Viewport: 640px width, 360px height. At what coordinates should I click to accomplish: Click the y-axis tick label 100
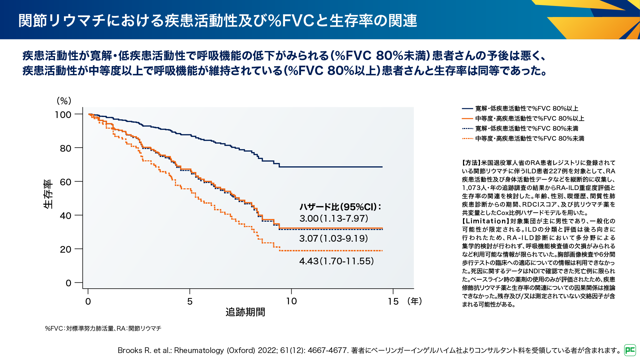(63, 115)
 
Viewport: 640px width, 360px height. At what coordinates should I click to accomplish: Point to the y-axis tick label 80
(66, 148)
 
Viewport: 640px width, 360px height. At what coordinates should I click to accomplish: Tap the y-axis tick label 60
(66, 182)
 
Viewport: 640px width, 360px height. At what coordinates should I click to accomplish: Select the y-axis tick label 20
(66, 249)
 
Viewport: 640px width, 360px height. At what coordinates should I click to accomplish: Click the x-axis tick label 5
(190, 301)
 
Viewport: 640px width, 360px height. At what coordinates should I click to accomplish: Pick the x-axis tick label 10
(291, 301)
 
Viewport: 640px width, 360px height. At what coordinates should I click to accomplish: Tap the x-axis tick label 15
(393, 301)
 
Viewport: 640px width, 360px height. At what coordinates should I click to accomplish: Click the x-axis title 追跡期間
(245, 312)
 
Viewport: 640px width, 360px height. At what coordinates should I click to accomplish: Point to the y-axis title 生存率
(48, 194)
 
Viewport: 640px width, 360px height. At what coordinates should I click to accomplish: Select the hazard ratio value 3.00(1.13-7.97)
(334, 218)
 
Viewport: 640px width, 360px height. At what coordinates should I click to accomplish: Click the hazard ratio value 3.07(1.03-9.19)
(334, 238)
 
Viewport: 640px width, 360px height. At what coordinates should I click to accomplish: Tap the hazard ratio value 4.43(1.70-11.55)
(336, 261)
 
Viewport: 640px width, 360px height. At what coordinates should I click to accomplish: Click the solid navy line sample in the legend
(467, 109)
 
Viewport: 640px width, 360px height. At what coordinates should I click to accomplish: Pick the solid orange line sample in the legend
(467, 119)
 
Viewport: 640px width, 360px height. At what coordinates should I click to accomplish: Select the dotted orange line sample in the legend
(467, 139)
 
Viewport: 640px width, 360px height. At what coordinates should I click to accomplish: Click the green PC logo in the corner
(630, 350)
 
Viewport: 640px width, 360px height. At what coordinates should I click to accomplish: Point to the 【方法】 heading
(471, 163)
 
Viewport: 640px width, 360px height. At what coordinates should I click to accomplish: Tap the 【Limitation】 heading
(486, 221)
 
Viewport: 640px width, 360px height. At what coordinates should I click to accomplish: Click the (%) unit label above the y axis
(64, 101)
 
